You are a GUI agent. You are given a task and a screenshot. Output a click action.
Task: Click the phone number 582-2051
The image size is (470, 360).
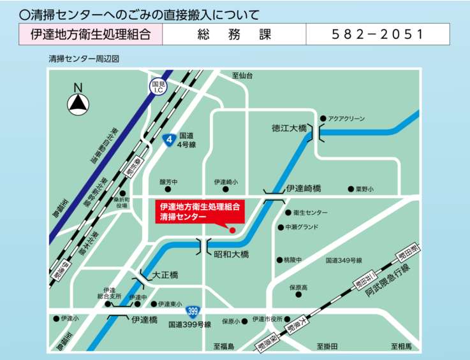click(x=378, y=34)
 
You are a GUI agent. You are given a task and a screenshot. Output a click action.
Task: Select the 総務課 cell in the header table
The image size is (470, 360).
click(x=234, y=34)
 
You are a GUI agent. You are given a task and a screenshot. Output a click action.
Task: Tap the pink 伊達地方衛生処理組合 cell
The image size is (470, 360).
click(x=91, y=34)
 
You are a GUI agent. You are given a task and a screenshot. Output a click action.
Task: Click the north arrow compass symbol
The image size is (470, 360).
click(x=78, y=101)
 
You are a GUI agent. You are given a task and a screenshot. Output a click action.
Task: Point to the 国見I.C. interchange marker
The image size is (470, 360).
click(x=158, y=87)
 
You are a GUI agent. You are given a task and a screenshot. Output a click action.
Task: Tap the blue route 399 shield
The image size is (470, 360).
click(x=192, y=312)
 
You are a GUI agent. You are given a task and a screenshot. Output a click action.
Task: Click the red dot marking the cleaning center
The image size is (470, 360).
click(x=232, y=230)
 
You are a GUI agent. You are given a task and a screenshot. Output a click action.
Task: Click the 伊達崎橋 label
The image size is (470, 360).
click(x=304, y=189)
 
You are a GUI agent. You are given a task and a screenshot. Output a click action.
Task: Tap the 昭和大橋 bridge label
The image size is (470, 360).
click(x=231, y=254)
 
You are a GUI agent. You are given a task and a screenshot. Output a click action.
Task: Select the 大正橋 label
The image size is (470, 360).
click(x=165, y=275)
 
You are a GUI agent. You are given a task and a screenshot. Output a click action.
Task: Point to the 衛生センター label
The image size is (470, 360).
click(x=310, y=212)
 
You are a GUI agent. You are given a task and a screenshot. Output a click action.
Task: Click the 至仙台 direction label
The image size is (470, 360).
click(x=242, y=75)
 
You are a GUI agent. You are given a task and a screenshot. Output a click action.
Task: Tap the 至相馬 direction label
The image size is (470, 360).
click(x=402, y=346)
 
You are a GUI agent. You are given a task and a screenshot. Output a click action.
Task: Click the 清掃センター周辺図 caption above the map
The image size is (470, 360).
click(x=84, y=59)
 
